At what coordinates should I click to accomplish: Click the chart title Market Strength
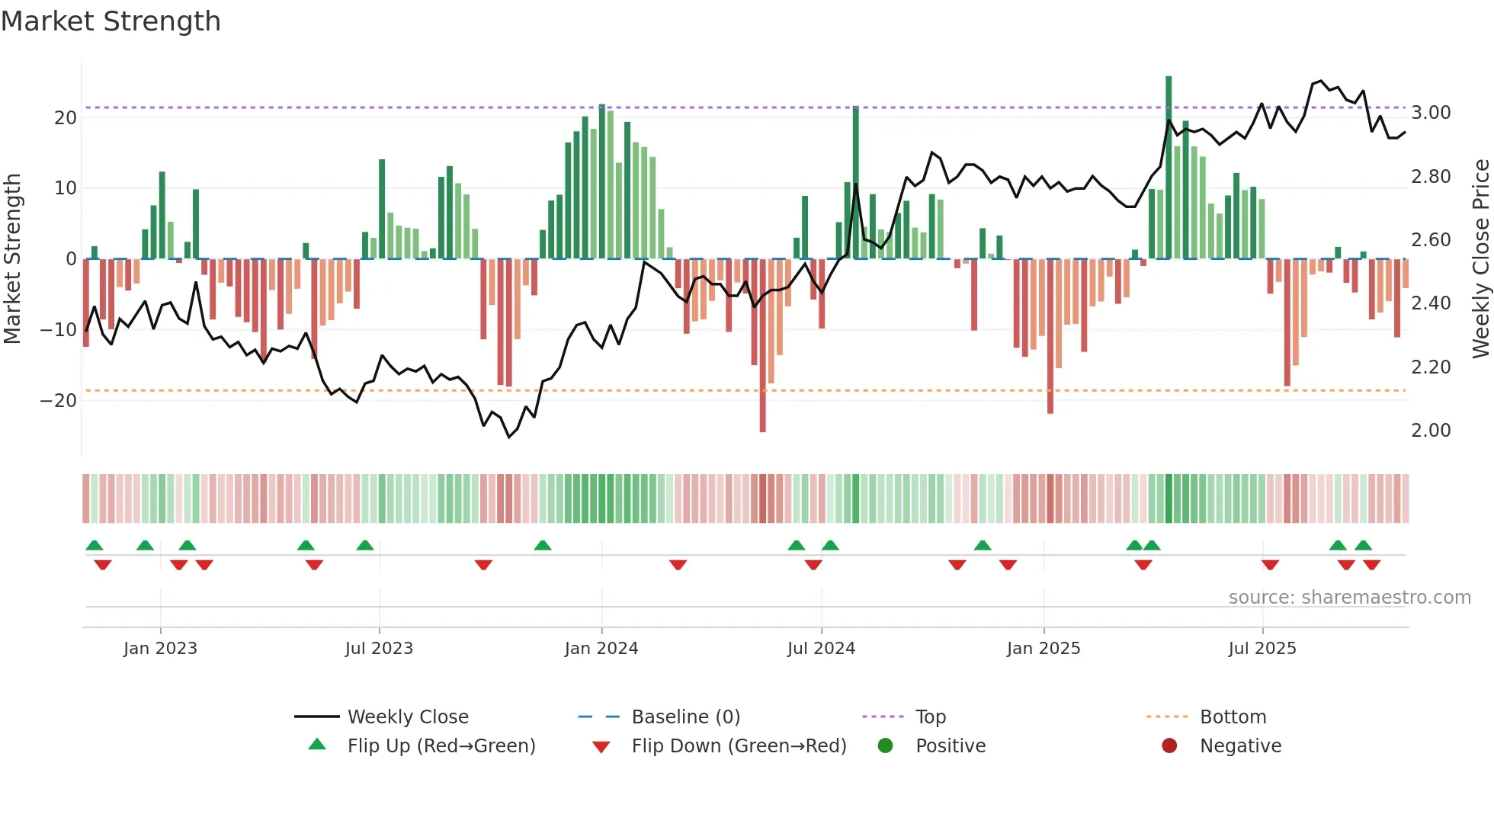pyautogui.click(x=111, y=21)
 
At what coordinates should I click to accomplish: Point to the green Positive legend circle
pyautogui.click(x=885, y=745)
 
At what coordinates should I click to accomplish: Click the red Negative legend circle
pyautogui.click(x=1169, y=745)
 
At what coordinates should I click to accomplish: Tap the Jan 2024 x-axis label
pyautogui.click(x=601, y=649)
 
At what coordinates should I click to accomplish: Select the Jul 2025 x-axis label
pyautogui.click(x=1262, y=649)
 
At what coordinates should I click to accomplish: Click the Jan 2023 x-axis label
pyautogui.click(x=160, y=649)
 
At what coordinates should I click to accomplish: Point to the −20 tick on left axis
pyautogui.click(x=59, y=400)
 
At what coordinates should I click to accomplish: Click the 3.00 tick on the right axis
pyautogui.click(x=1431, y=113)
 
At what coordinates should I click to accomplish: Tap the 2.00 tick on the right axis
pyautogui.click(x=1431, y=431)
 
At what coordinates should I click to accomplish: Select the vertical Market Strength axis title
pyautogui.click(x=12, y=259)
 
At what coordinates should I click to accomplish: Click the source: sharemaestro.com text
pyautogui.click(x=1349, y=598)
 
